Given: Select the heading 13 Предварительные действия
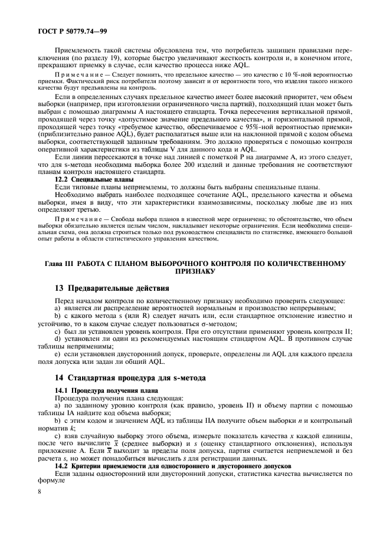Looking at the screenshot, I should click(x=112, y=288).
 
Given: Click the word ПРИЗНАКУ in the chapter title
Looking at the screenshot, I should click(x=195, y=272).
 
